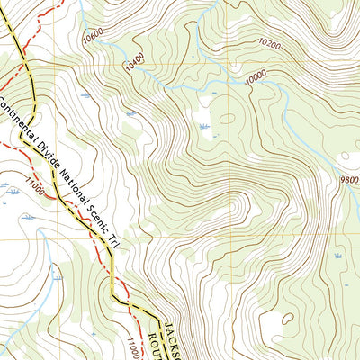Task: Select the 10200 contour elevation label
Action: point(268,42)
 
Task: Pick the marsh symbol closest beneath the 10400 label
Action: point(132,112)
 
